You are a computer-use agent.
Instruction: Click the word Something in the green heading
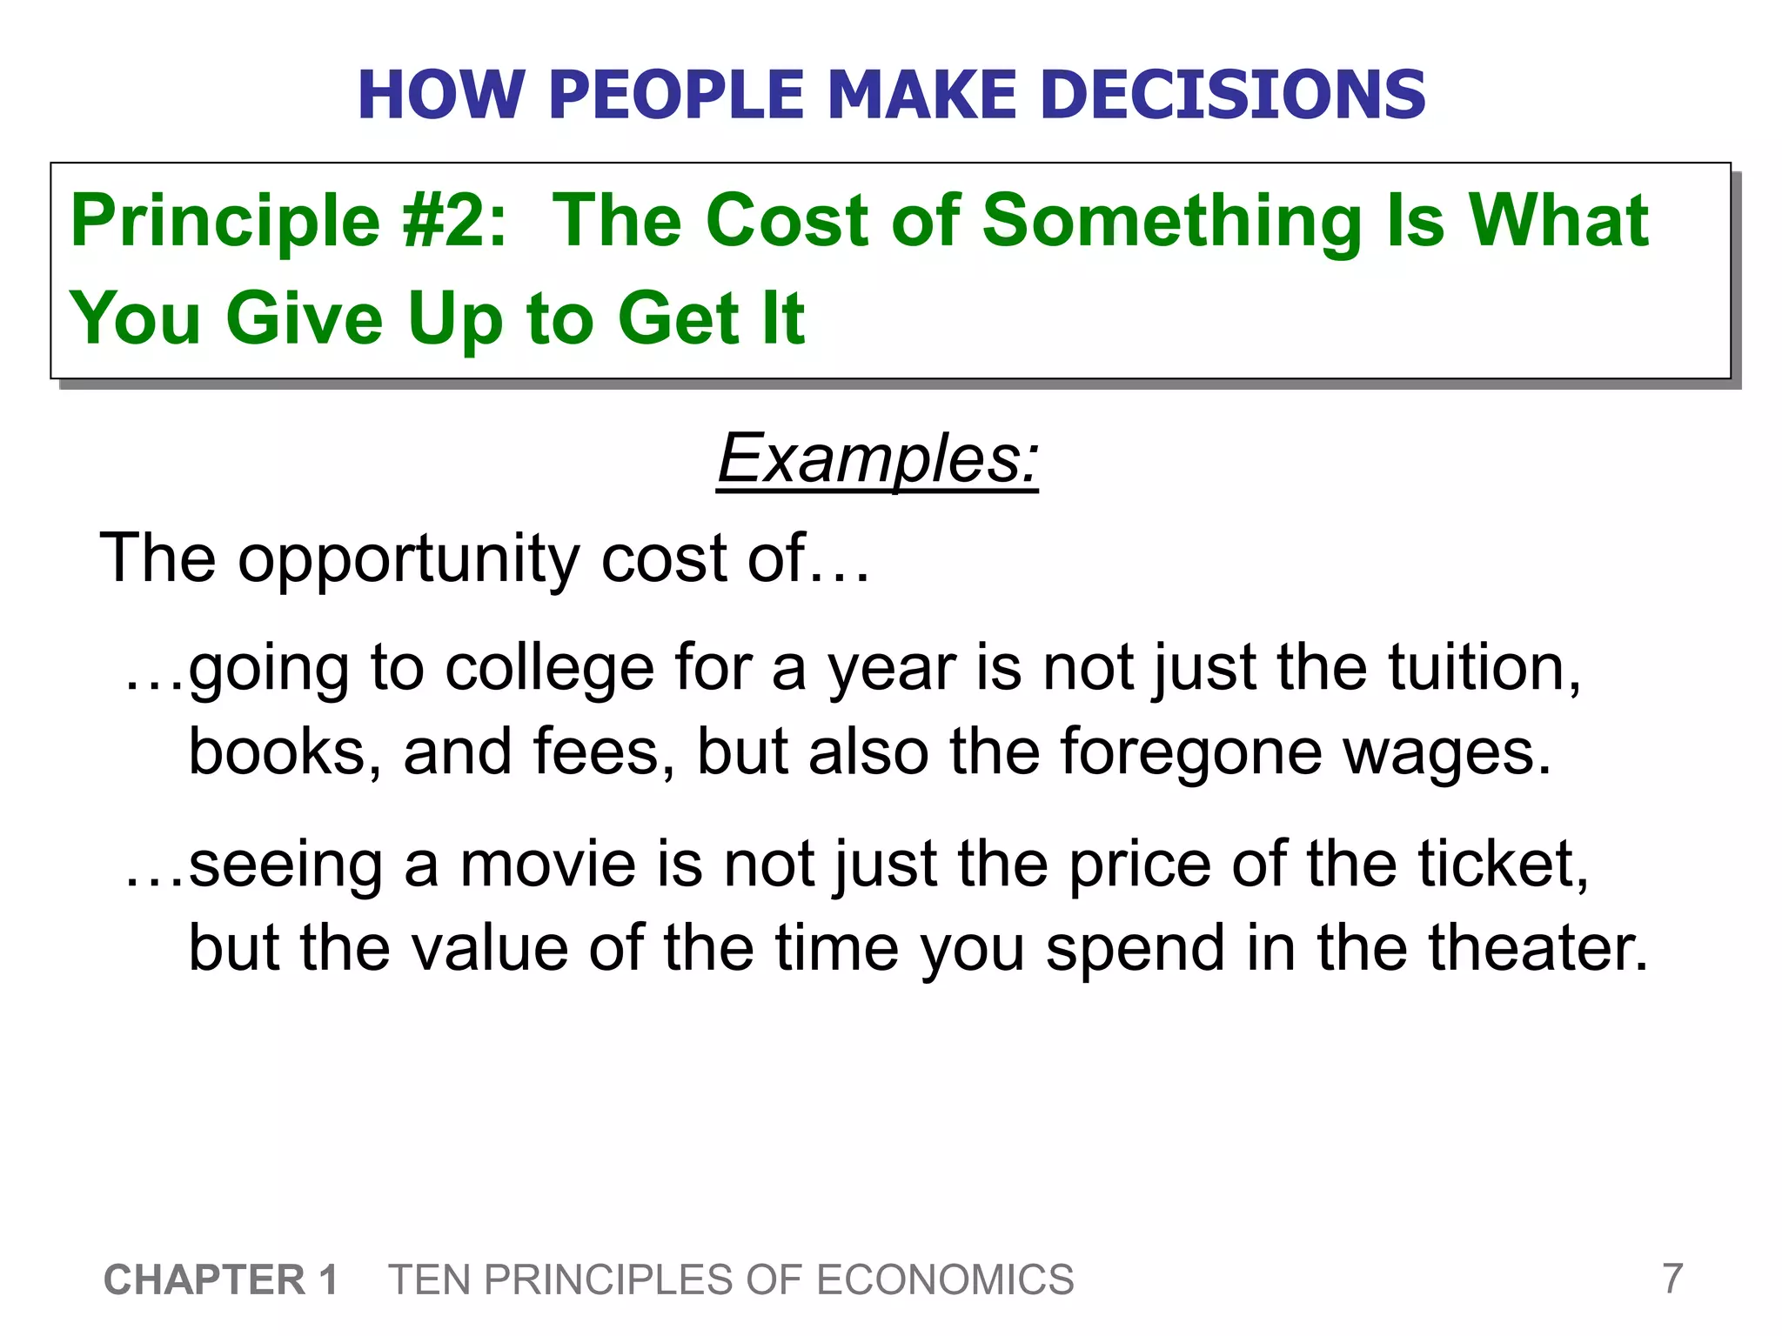point(1171,221)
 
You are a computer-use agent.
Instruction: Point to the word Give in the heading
point(305,318)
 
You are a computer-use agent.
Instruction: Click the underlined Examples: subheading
point(878,458)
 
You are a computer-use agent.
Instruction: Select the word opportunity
point(408,559)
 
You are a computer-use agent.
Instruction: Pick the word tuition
point(1484,669)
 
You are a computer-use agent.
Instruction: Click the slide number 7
point(1671,1279)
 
